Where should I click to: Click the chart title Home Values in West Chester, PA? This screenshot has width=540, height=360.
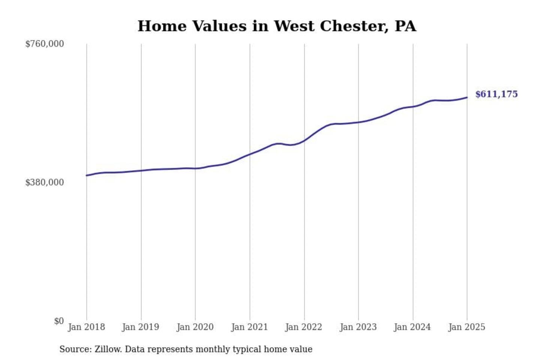(x=277, y=26)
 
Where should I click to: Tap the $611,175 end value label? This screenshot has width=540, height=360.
(x=496, y=94)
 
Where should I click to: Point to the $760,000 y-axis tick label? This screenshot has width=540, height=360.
(x=45, y=44)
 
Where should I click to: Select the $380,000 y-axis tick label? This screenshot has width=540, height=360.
(x=45, y=182)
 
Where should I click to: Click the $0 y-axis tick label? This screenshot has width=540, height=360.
(x=59, y=321)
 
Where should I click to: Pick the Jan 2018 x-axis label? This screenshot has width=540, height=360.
(x=86, y=327)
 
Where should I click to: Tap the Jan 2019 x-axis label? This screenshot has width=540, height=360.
(x=141, y=327)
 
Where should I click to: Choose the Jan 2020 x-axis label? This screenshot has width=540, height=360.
(x=195, y=327)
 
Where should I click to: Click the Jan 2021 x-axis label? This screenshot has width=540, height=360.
(x=249, y=327)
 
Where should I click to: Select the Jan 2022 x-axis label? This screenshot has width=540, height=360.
(x=304, y=327)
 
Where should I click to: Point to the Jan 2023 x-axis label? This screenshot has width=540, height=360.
(x=358, y=327)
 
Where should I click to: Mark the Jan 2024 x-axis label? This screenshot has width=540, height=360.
(x=412, y=327)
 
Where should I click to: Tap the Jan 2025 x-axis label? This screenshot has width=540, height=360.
(x=467, y=327)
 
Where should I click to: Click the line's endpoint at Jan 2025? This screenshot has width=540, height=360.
(x=467, y=97)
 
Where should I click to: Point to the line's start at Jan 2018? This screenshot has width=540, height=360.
(x=87, y=175)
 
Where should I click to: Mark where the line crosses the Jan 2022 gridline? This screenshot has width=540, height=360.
(x=304, y=140)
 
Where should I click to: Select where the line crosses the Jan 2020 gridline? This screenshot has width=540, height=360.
(x=195, y=168)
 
